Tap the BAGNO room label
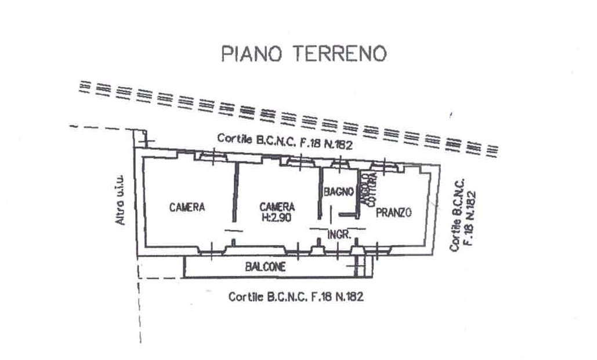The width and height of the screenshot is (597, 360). pyautogui.click(x=339, y=192)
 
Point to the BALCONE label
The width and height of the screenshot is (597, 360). pyautogui.click(x=265, y=268)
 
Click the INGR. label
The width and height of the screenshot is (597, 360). pyautogui.click(x=338, y=235)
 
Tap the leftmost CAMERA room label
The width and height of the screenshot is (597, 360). pyautogui.click(x=187, y=207)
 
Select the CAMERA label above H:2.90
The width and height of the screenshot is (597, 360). pyautogui.click(x=277, y=206)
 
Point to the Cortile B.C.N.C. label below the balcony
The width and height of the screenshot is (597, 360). pyautogui.click(x=295, y=297)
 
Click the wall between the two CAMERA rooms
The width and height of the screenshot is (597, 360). pyautogui.click(x=235, y=192)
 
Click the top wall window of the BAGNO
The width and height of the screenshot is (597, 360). pyautogui.click(x=341, y=165)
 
